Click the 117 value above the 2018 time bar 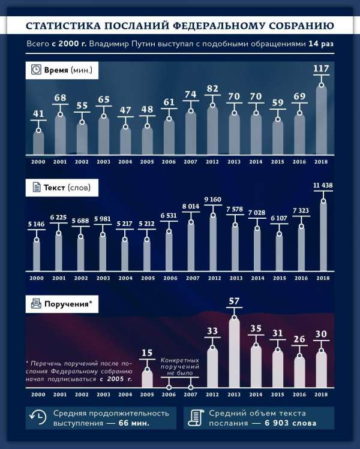322,70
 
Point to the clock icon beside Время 37,70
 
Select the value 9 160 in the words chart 212,199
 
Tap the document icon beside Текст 37,188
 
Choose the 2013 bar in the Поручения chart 235,354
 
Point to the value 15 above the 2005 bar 147,353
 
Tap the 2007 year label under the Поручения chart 191,394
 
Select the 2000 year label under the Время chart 38,161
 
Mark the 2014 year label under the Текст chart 256,279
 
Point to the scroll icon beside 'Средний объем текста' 195,418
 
